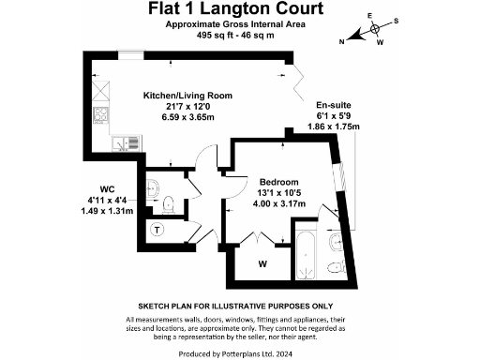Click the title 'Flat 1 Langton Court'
pyautogui.click(x=239, y=9)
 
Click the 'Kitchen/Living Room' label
pyautogui.click(x=187, y=96)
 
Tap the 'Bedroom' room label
pyautogui.click(x=278, y=181)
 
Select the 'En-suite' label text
pyautogui.click(x=333, y=105)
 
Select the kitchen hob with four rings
pyautogui.click(x=99, y=117)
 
